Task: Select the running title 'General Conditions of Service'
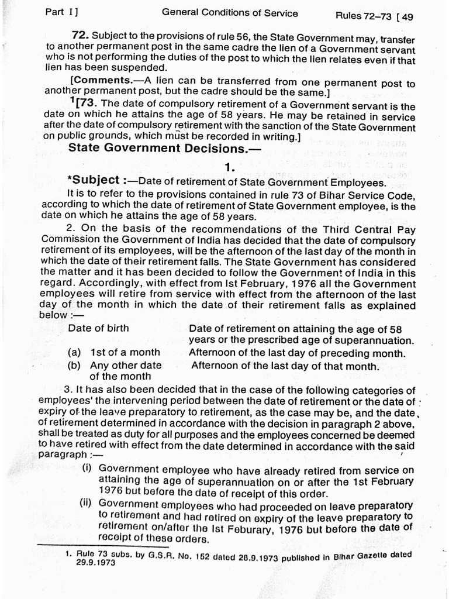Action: pyautogui.click(x=229, y=13)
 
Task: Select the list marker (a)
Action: pyautogui.click(x=74, y=353)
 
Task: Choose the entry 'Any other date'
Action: pyautogui.click(x=126, y=366)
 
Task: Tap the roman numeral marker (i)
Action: pyautogui.click(x=87, y=469)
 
